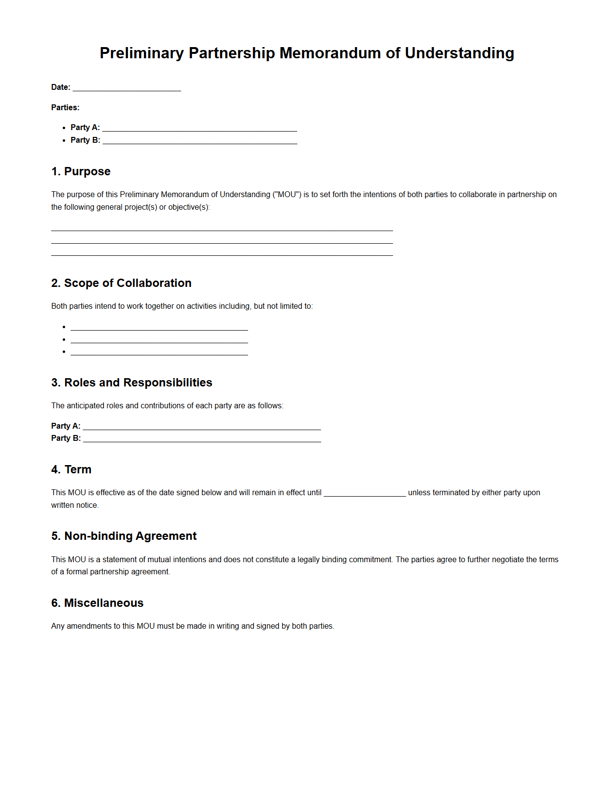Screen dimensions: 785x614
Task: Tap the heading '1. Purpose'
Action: click(81, 171)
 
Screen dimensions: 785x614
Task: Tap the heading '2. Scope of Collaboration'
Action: click(121, 283)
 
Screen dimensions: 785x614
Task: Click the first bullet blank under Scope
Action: click(159, 327)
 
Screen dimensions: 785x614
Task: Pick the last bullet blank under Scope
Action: click(159, 352)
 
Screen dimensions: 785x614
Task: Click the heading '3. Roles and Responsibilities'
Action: click(131, 383)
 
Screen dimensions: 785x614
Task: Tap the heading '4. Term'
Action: click(71, 469)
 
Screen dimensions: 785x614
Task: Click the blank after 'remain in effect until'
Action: click(365, 493)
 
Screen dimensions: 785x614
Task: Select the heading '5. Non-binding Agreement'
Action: click(123, 536)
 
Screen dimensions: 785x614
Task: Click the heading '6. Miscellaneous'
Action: click(97, 603)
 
